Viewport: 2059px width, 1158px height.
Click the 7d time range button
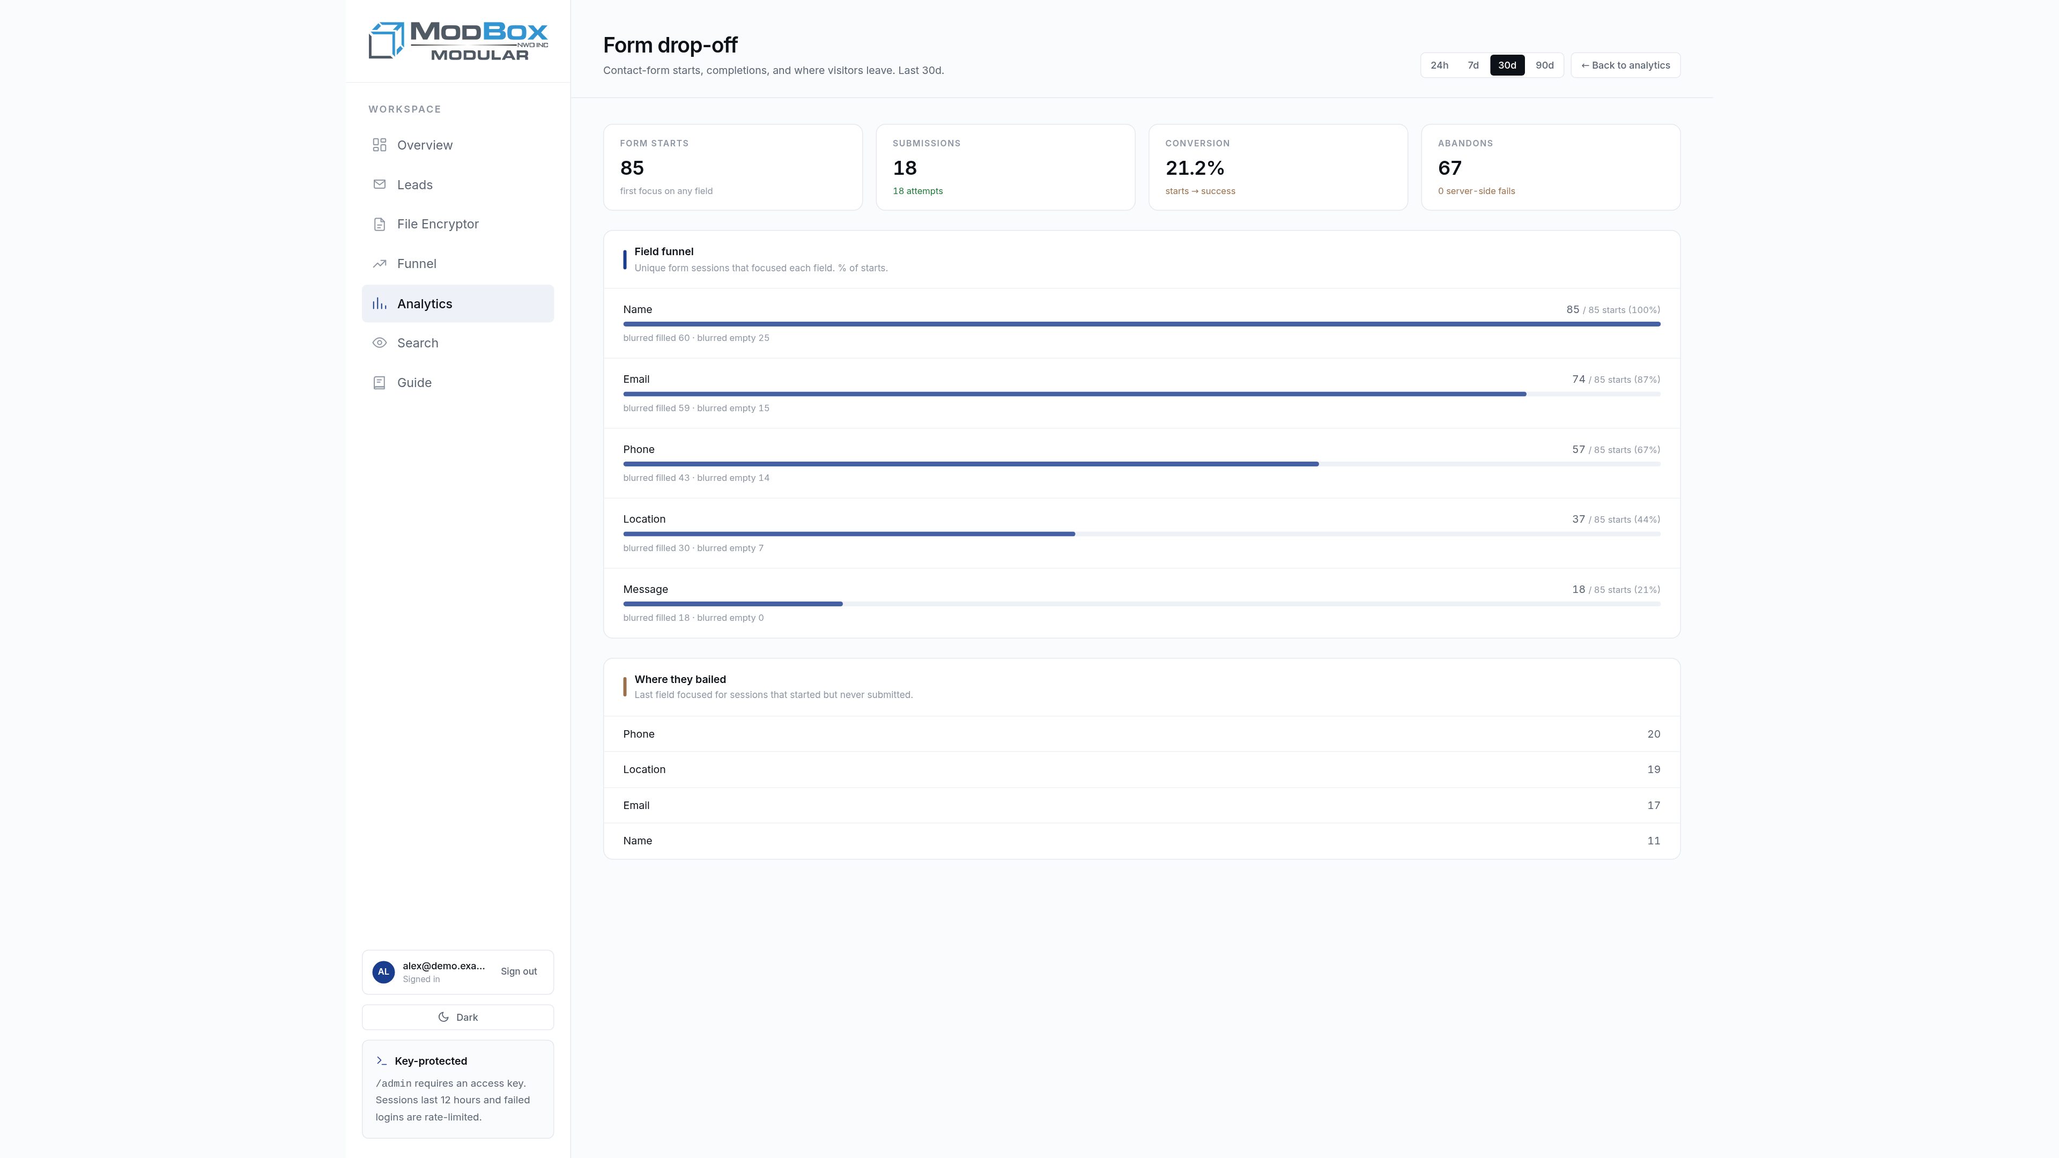[1472, 65]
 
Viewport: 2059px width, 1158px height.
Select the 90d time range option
[1544, 65]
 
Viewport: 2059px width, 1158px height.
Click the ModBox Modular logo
[458, 41]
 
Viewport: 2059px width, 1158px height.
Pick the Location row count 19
[1653, 770]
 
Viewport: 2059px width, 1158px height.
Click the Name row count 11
[1653, 841]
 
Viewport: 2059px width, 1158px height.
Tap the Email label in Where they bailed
[636, 806]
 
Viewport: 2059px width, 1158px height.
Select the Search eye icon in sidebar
[380, 343]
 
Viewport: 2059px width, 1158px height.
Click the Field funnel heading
[663, 252]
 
